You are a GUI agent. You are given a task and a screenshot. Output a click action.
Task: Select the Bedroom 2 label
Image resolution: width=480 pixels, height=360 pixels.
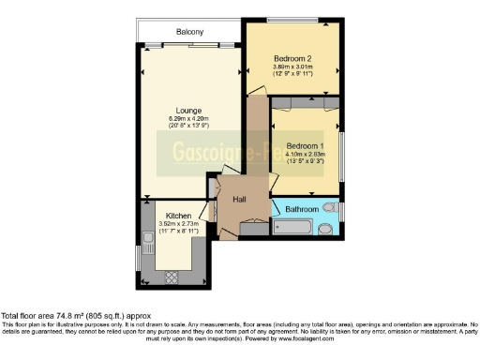[x=292, y=58]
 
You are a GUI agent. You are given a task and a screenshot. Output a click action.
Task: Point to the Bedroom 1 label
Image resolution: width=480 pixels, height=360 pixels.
[x=305, y=146]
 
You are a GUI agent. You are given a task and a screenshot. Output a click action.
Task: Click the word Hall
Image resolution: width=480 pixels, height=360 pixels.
[x=239, y=199]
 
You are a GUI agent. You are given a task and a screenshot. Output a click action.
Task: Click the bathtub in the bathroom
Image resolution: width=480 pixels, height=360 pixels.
[x=292, y=227]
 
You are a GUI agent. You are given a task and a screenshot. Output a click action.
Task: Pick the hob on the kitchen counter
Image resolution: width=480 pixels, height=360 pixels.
[x=172, y=277]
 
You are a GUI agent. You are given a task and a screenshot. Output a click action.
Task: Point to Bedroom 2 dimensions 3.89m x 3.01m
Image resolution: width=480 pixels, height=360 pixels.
[x=292, y=67]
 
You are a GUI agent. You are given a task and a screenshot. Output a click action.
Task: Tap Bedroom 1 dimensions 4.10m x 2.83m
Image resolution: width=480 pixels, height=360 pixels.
[x=305, y=155]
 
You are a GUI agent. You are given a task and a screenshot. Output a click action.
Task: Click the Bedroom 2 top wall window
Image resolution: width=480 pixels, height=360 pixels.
[x=291, y=21]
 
